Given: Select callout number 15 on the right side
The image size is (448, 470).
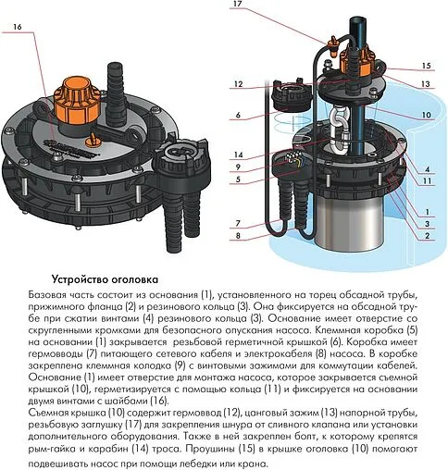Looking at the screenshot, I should [x=427, y=66].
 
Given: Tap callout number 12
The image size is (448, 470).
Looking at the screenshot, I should [x=239, y=85].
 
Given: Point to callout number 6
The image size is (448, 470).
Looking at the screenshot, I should [x=239, y=115].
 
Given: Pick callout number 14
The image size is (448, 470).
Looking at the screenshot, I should [x=239, y=155].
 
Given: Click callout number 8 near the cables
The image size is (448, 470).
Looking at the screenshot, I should [x=239, y=237].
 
